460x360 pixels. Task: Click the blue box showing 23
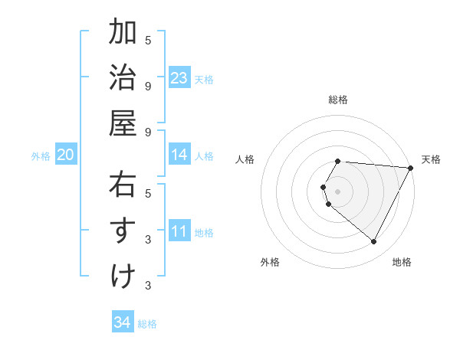[179, 78]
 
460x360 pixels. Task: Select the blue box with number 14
[179, 155]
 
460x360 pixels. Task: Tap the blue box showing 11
[179, 231]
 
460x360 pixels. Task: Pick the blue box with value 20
[65, 155]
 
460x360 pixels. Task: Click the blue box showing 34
[122, 322]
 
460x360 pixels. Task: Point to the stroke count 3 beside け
[148, 286]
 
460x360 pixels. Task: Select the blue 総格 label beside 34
[147, 324]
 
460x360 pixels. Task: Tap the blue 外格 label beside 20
[41, 156]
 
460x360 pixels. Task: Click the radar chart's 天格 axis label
[431, 159]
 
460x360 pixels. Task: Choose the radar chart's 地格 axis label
[402, 262]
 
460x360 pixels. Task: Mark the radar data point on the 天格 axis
[410, 168]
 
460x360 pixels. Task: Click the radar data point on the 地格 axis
[374, 242]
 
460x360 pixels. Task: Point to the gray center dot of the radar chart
[337, 191]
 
